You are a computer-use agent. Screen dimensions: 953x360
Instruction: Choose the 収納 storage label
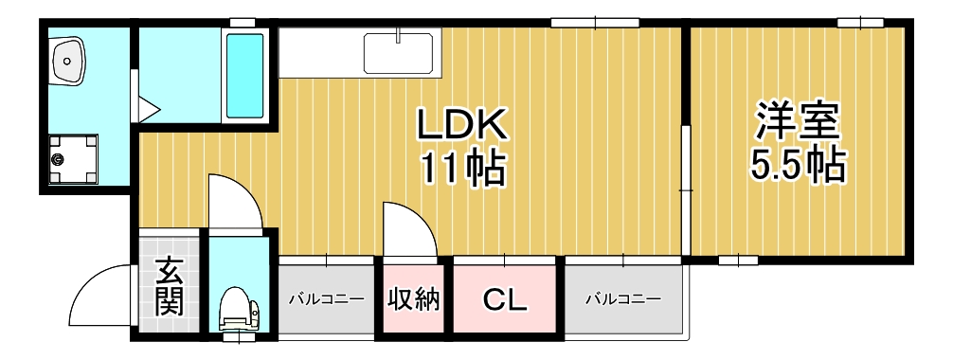point(414,300)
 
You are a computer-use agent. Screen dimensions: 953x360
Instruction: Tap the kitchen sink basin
point(398,52)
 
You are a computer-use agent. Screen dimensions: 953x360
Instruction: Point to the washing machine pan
point(72,158)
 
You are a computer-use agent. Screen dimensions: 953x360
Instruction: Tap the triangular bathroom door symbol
point(147,107)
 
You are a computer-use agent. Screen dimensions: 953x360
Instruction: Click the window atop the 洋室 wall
point(860,22)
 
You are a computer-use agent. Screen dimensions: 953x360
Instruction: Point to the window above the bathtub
point(243,22)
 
